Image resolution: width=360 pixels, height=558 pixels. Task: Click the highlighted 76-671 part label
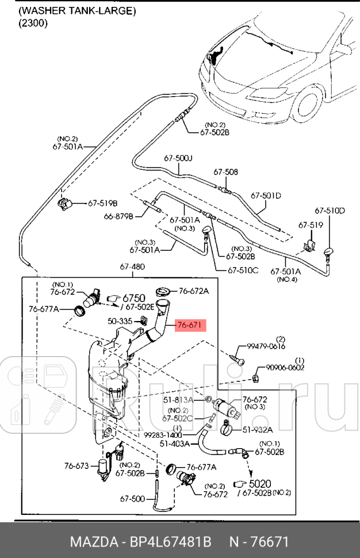tap(189, 326)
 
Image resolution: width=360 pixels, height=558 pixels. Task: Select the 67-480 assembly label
tap(132, 267)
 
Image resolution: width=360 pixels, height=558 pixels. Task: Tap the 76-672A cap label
tap(193, 291)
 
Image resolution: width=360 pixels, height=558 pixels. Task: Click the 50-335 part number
tap(120, 321)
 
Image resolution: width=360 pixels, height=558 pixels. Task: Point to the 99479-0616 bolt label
tap(266, 346)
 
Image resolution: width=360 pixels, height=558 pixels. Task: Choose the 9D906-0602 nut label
tap(285, 368)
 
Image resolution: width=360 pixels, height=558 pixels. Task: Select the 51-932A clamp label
tap(256, 429)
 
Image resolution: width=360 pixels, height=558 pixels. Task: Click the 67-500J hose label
tap(178, 158)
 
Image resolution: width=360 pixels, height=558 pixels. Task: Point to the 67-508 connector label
tap(225, 172)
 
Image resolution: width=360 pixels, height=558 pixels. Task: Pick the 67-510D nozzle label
tap(330, 211)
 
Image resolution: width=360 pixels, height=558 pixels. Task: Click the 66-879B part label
tap(119, 217)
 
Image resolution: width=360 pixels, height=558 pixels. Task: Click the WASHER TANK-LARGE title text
tap(77, 10)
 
